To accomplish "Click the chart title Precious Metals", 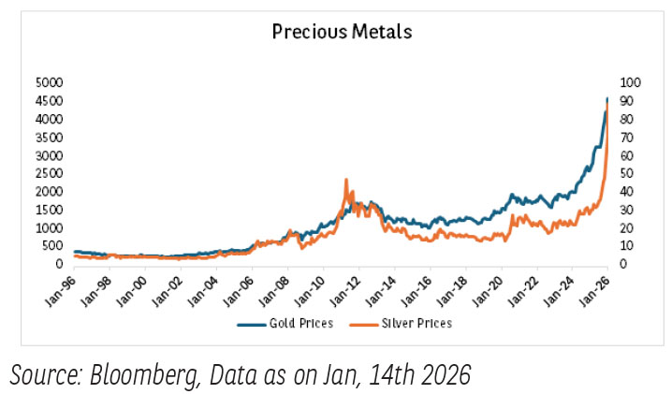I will coord(342,31).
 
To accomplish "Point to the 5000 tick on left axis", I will coord(49,81).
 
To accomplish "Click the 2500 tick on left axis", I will coord(49,173).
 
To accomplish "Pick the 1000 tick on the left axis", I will coord(49,227).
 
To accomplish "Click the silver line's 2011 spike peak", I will coord(346,180).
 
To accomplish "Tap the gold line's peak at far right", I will coord(607,98).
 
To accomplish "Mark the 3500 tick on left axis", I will coord(49,137).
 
